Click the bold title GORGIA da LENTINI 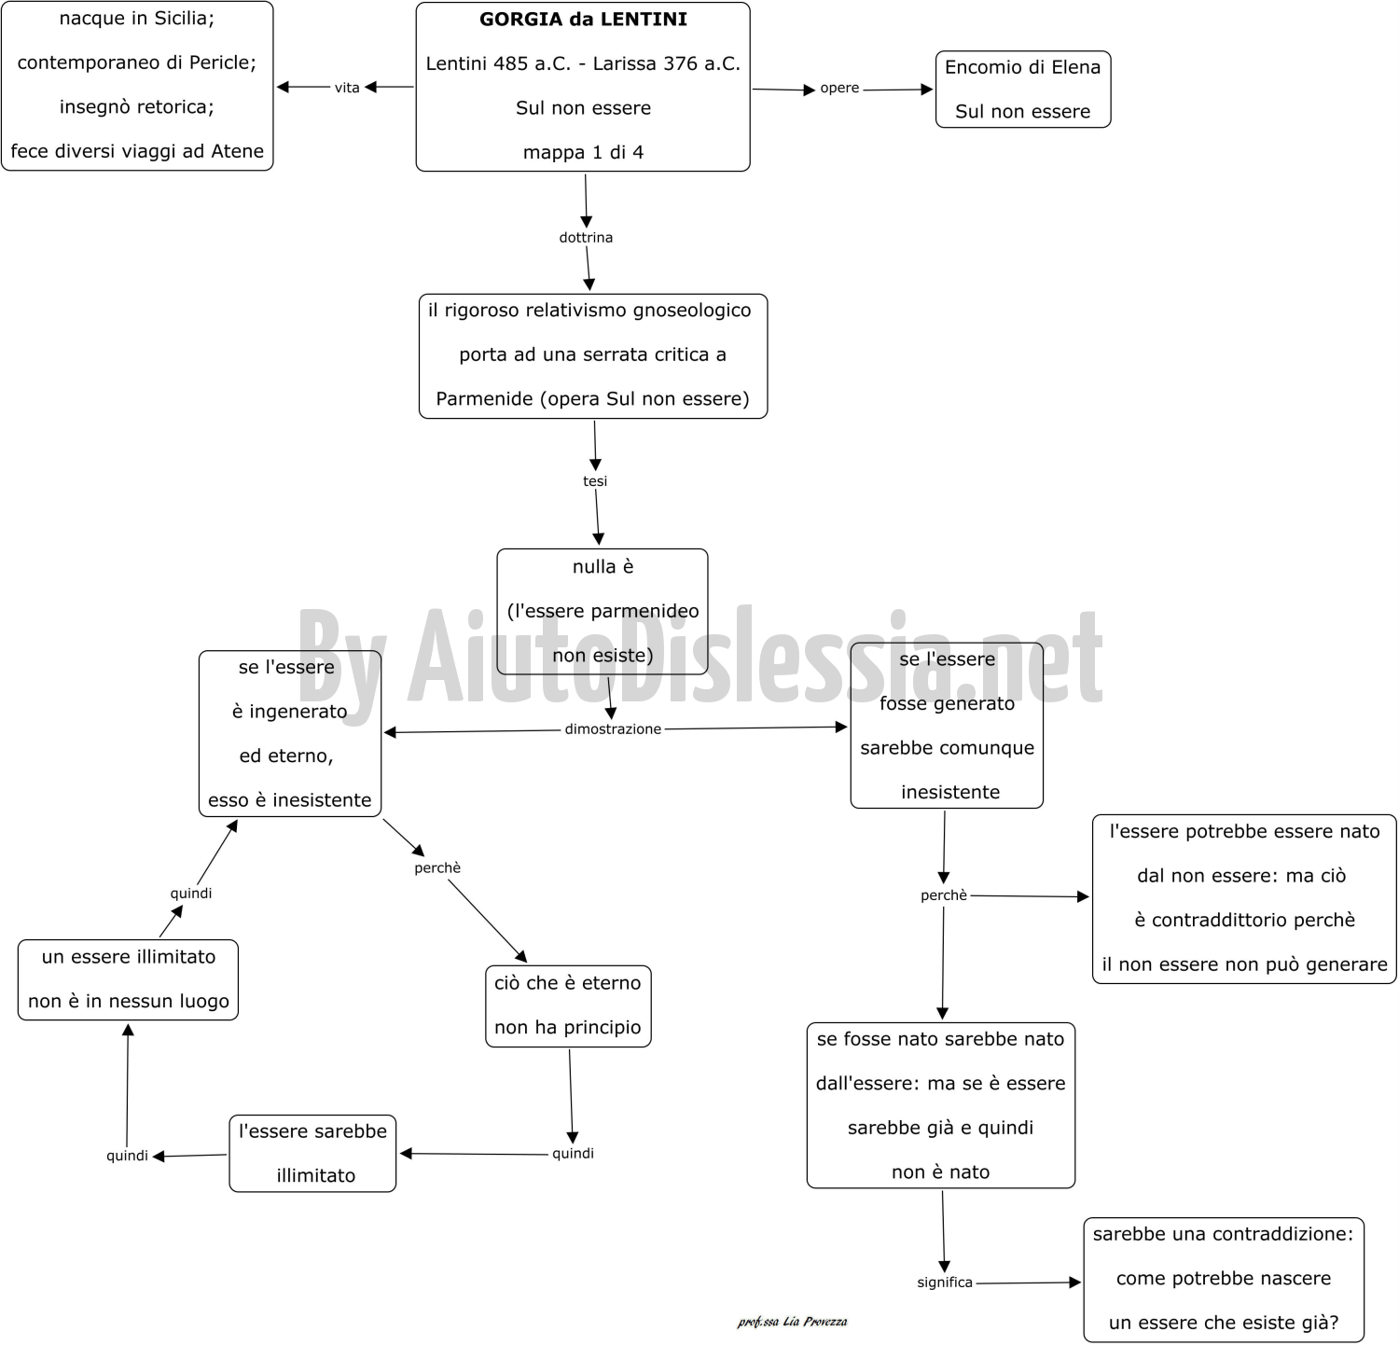(x=583, y=19)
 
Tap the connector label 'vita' (x=347, y=88)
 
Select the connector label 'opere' (x=839, y=88)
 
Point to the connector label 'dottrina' (x=586, y=237)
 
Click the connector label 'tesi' (x=595, y=481)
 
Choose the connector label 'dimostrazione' (x=613, y=729)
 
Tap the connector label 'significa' (x=945, y=1283)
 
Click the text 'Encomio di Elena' (x=1022, y=67)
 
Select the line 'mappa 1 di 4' (x=583, y=152)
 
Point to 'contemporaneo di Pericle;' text (x=136, y=62)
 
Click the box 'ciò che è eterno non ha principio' (x=568, y=1006)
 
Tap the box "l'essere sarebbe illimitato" (x=312, y=1154)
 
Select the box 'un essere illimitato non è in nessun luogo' (x=128, y=980)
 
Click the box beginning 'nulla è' (x=603, y=612)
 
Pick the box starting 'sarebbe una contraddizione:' (x=1224, y=1280)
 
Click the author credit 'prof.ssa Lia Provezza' (x=792, y=1322)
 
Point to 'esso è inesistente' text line (x=289, y=800)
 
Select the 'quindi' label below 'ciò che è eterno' (x=573, y=1154)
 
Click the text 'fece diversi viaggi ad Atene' (x=137, y=151)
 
